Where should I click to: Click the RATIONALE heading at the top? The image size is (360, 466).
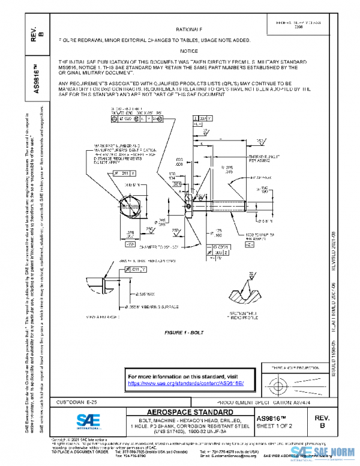tap(189, 29)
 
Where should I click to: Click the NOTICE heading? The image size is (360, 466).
tap(189, 52)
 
